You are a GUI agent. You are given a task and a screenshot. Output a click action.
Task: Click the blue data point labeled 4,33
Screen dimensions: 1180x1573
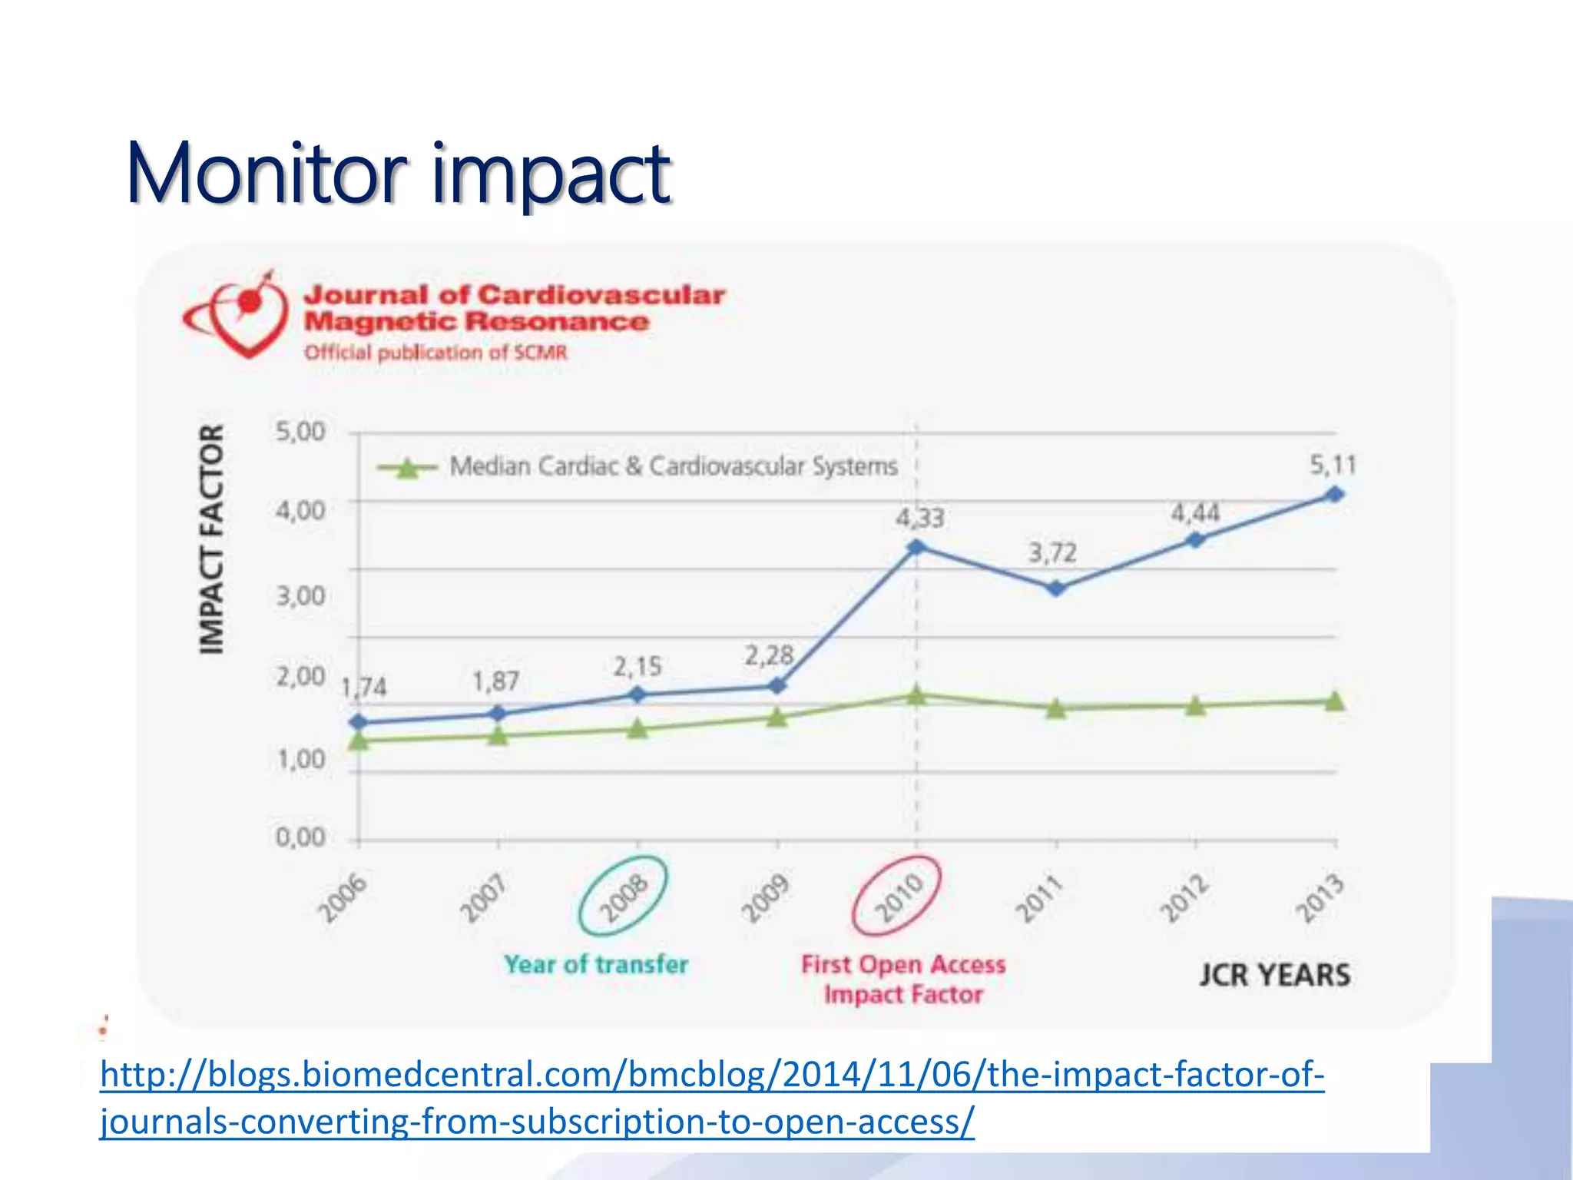click(x=916, y=547)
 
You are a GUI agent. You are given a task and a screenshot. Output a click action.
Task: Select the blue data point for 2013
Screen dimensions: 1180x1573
click(x=1335, y=494)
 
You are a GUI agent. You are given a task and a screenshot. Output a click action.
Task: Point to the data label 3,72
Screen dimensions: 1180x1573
click(x=1052, y=552)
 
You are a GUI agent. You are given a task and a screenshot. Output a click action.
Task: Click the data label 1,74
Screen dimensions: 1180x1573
click(x=363, y=687)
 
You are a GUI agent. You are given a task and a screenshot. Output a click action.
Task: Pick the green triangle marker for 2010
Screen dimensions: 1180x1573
click(x=916, y=695)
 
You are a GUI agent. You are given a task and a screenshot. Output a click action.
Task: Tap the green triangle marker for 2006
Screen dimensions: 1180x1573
click(x=359, y=741)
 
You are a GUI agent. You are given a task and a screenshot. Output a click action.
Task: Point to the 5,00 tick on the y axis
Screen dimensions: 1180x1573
click(x=300, y=432)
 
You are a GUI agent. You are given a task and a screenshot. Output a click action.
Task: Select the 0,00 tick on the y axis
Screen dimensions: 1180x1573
click(x=300, y=837)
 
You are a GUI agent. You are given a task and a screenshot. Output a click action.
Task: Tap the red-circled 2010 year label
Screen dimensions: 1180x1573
click(x=897, y=896)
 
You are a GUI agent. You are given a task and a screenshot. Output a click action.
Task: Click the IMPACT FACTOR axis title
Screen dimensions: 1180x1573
click(x=211, y=539)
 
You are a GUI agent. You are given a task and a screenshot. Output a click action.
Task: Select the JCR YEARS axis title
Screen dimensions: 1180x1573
click(x=1274, y=975)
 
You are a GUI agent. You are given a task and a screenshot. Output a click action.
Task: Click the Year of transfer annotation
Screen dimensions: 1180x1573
click(x=596, y=964)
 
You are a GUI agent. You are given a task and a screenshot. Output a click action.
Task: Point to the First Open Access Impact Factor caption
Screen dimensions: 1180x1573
click(x=903, y=979)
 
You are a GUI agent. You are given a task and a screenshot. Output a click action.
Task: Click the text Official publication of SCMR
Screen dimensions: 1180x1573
click(x=435, y=353)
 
